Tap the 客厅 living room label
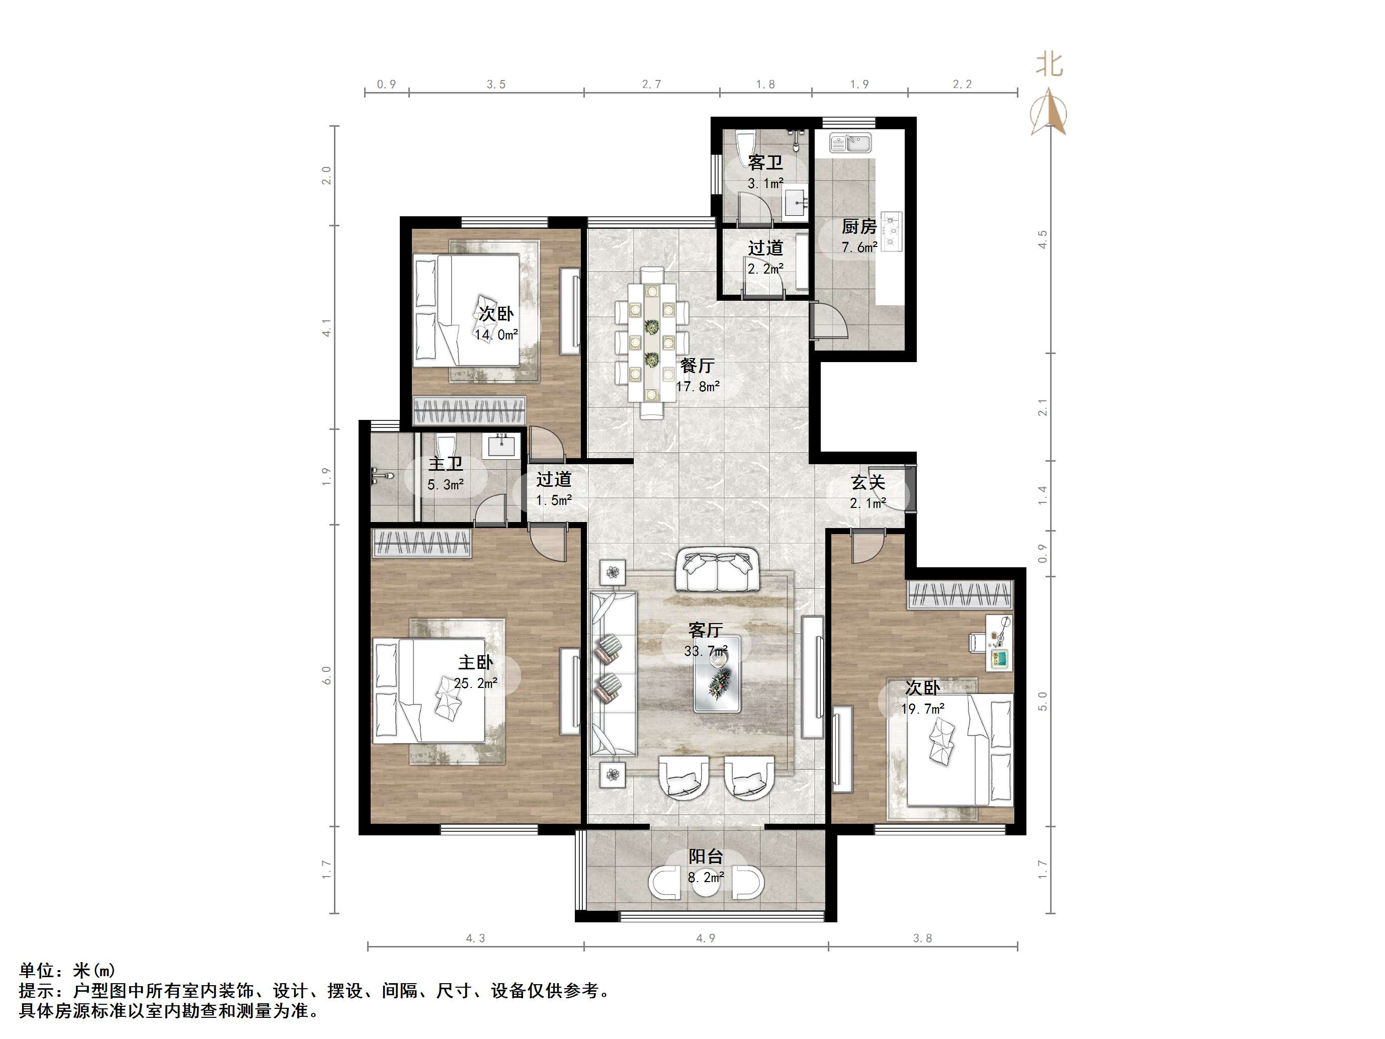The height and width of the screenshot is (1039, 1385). pyautogui.click(x=706, y=630)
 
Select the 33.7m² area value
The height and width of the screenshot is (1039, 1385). pyautogui.click(x=706, y=651)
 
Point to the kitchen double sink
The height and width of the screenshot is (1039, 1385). pyautogui.click(x=850, y=143)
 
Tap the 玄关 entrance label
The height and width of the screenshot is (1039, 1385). pyautogui.click(x=868, y=482)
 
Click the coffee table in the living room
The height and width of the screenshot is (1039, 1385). pyautogui.click(x=718, y=674)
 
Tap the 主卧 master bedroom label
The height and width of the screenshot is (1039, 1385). pyautogui.click(x=475, y=662)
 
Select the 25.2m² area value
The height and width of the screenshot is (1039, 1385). pyautogui.click(x=476, y=683)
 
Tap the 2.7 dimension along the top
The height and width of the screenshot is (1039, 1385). pyautogui.click(x=651, y=84)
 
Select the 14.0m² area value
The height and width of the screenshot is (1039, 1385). pyautogui.click(x=496, y=335)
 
